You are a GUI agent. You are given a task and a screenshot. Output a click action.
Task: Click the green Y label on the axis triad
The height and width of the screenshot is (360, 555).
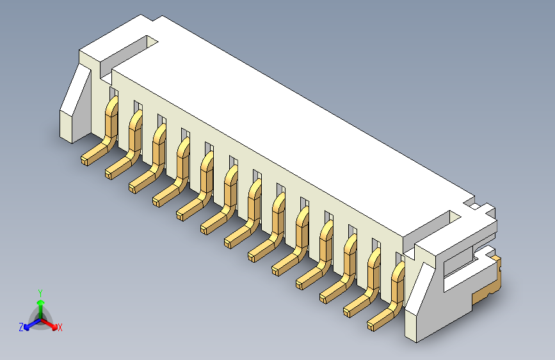click(40, 292)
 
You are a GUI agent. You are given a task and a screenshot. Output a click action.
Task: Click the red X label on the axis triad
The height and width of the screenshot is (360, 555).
click(60, 327)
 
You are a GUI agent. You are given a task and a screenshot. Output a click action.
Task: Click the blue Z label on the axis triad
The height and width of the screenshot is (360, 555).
click(21, 327)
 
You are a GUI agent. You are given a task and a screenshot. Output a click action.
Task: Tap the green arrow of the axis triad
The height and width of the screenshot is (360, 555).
click(40, 305)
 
